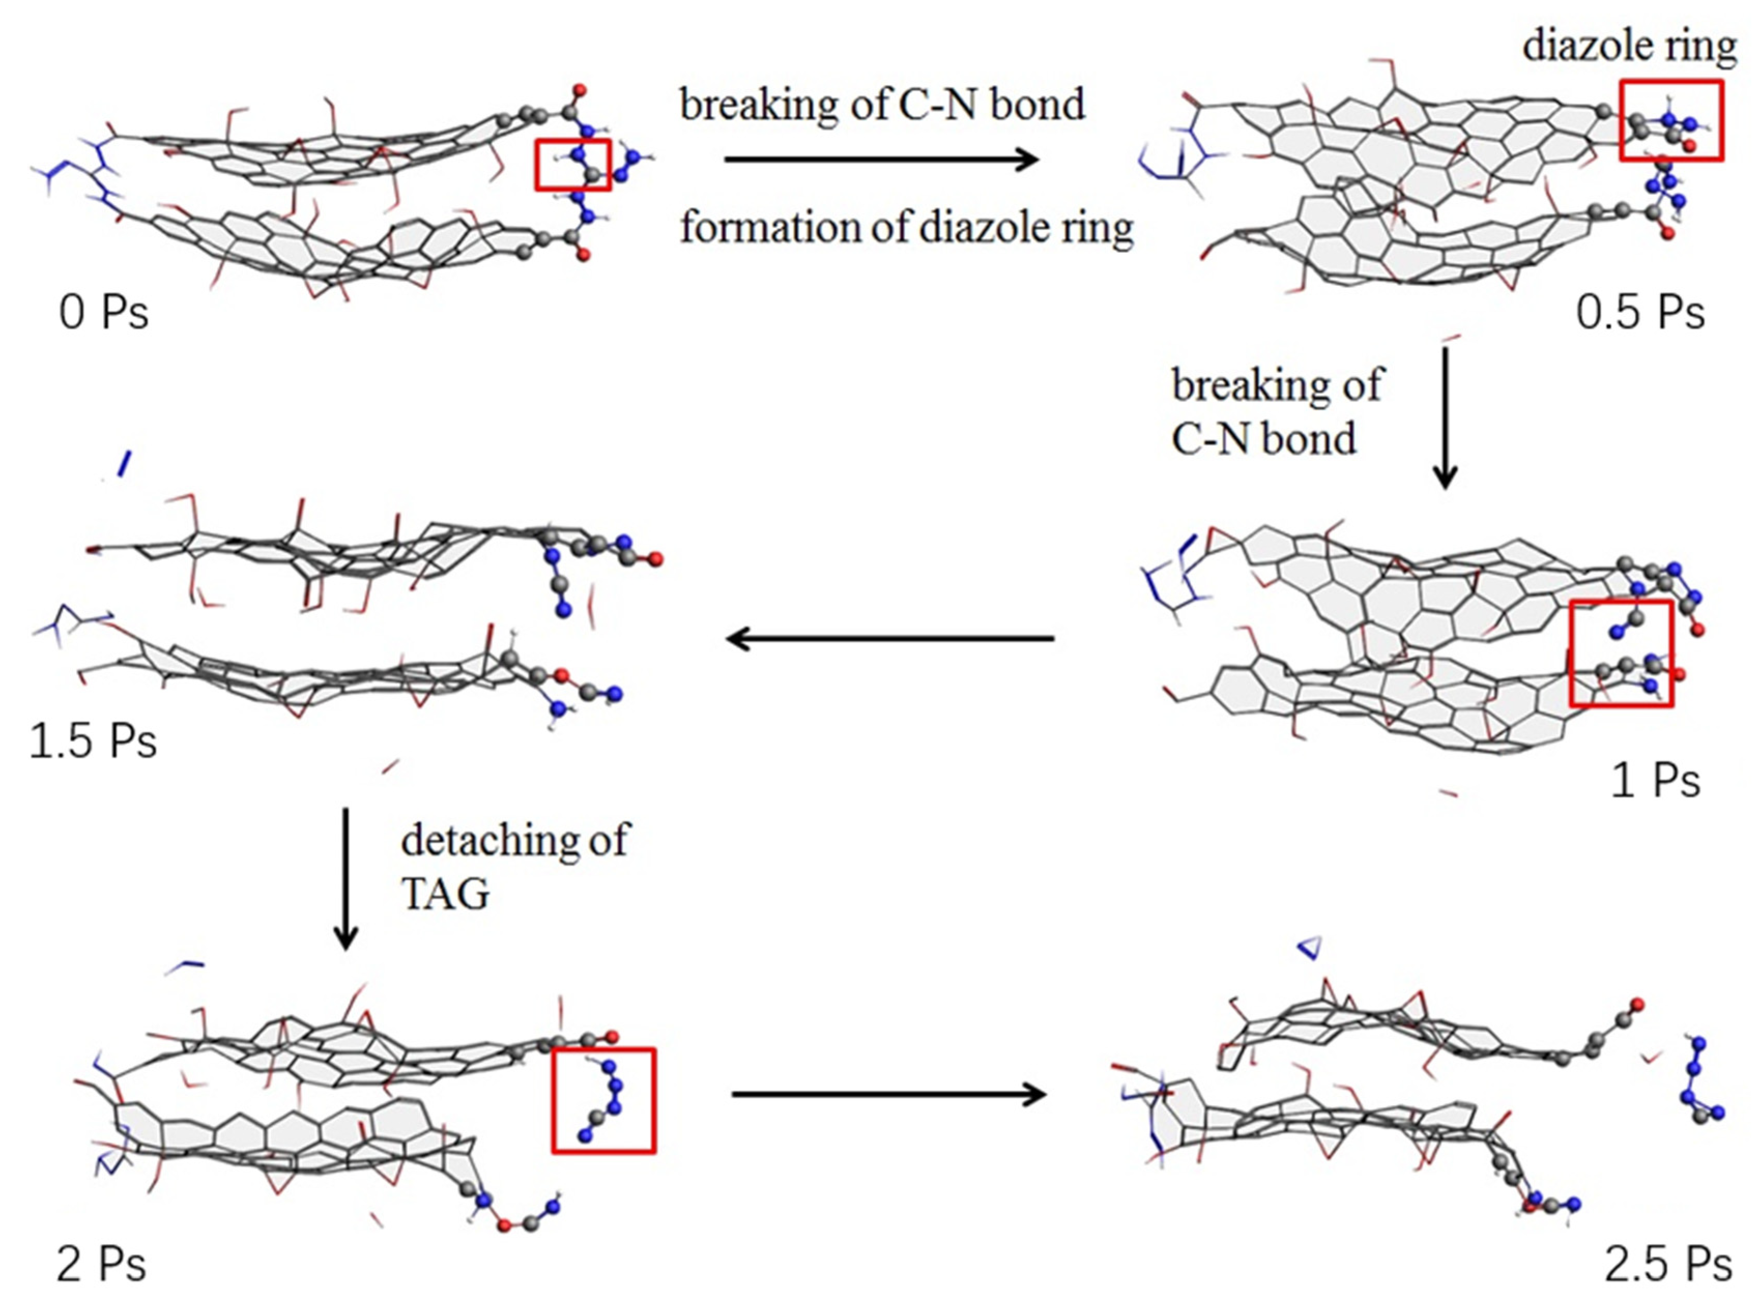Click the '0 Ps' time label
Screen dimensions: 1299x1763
click(104, 312)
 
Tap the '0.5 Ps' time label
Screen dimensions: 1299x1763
click(1640, 312)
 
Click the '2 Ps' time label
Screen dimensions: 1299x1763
click(102, 1264)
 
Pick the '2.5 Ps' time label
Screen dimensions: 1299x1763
click(1668, 1264)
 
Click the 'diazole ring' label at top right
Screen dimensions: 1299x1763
click(1629, 46)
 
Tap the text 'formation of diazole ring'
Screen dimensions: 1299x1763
click(906, 228)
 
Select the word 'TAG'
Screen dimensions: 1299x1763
click(445, 894)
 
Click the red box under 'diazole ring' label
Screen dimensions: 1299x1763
click(1671, 120)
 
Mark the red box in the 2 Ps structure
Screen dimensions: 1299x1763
click(603, 1100)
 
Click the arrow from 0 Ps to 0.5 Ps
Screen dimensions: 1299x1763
click(880, 161)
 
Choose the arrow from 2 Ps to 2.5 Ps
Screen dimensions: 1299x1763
click(889, 1094)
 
